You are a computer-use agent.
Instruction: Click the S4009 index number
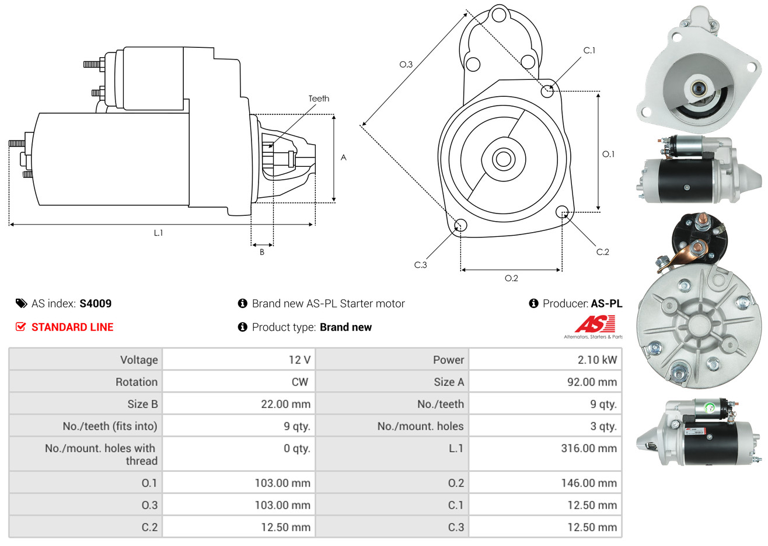coord(95,303)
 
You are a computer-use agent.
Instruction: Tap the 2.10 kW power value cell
coord(597,360)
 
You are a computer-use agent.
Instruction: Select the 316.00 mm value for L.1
coord(589,449)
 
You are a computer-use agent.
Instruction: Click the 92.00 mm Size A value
coord(591,382)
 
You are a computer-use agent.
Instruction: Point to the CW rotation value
coord(299,382)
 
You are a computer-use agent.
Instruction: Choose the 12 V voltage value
coord(299,360)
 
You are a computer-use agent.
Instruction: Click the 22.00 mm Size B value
coord(285,404)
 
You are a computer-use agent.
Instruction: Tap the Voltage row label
coord(139,360)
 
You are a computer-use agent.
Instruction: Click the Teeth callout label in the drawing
coord(319,99)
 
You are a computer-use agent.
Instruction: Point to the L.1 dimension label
coord(158,233)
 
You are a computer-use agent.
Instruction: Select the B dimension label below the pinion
coord(262,252)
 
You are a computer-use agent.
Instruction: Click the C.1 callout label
coord(589,51)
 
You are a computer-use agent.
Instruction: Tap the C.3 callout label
coord(420,265)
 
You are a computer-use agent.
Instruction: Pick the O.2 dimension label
coord(511,278)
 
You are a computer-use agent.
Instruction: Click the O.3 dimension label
coord(406,64)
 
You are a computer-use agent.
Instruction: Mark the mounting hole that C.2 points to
coord(563,211)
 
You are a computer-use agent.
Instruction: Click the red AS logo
coord(595,324)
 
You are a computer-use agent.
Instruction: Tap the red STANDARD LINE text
coord(72,327)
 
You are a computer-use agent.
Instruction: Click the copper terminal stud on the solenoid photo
coord(702,221)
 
